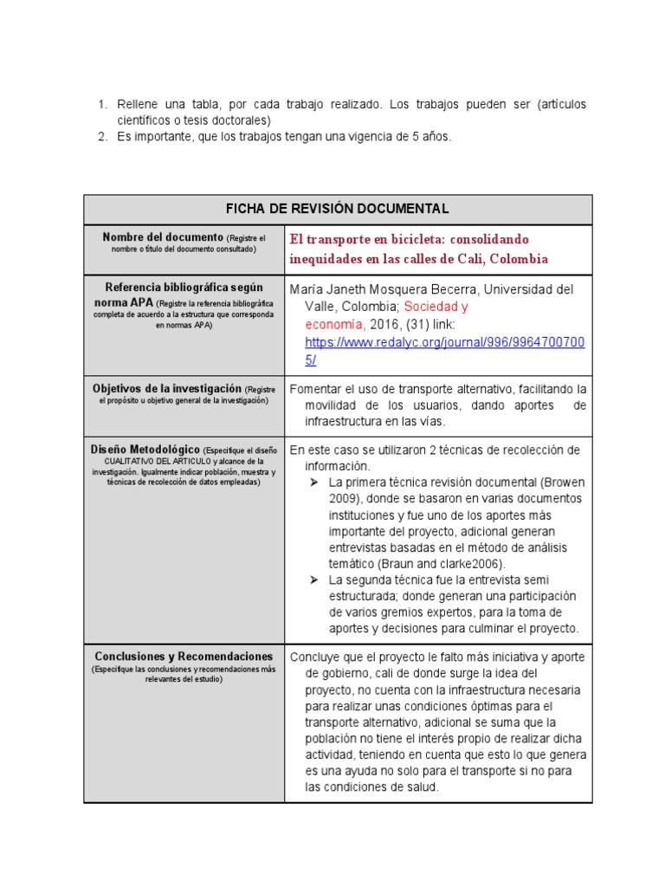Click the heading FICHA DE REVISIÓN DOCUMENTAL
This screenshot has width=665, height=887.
coord(338,209)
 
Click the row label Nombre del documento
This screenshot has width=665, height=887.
coord(162,237)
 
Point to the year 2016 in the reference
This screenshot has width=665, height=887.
coord(384,324)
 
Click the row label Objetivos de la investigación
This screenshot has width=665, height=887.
coord(167,389)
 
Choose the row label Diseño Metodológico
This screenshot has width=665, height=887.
coord(145,450)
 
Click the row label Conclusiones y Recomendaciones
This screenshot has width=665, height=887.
coord(184,657)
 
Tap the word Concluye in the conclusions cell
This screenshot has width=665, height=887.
coord(317,657)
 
